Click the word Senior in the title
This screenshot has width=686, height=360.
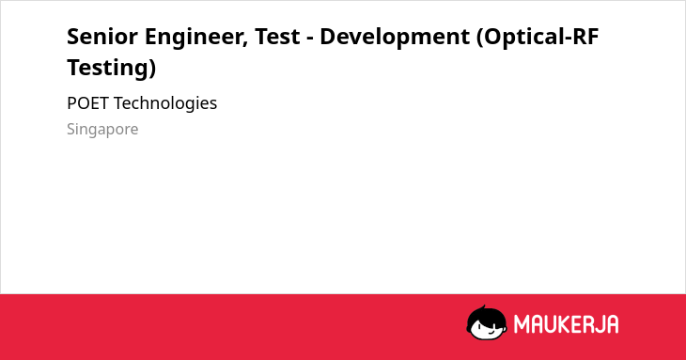[x=102, y=36]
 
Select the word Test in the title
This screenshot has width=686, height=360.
[x=277, y=36]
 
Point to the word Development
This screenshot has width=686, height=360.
[x=395, y=38]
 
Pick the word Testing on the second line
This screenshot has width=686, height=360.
[x=108, y=69]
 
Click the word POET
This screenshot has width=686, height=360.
[x=87, y=103]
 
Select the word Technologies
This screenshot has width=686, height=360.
[x=165, y=104]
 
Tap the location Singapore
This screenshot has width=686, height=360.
[x=102, y=130]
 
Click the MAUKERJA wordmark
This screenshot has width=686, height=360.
[x=566, y=324]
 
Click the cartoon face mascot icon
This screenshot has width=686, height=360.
[x=487, y=322]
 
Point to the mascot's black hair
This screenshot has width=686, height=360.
[x=486, y=315]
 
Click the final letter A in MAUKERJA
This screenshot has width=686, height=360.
[x=612, y=324]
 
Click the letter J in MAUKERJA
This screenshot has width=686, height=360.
[x=598, y=324]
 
